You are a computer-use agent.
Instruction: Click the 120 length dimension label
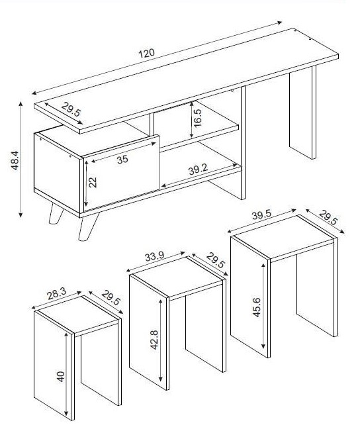[146, 53]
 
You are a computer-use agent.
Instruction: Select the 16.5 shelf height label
[198, 118]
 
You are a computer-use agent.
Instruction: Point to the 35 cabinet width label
[122, 160]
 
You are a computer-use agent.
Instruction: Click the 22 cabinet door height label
[93, 182]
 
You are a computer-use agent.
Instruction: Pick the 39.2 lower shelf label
[198, 169]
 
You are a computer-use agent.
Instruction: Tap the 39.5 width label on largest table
[261, 215]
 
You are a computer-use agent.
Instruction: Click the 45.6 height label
[257, 307]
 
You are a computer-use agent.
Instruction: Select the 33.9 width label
[154, 256]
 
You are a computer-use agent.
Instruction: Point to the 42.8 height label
[154, 340]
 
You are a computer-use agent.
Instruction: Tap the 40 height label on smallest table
[60, 377]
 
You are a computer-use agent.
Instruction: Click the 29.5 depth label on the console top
[71, 109]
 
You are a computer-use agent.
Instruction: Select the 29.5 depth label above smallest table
[111, 298]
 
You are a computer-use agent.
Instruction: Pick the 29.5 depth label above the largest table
[328, 217]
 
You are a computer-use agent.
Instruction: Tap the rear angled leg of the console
[56, 214]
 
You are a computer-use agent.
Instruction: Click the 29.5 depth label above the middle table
[215, 260]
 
